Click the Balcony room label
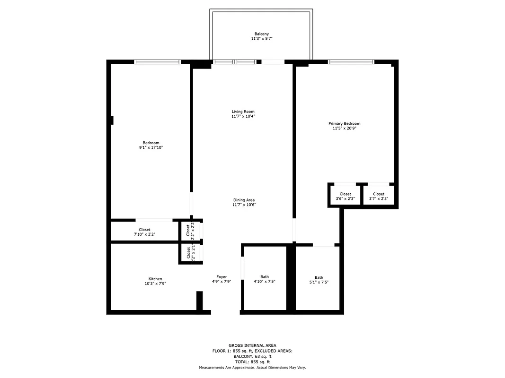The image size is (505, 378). coord(262,34)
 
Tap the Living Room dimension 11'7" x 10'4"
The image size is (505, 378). coord(243,116)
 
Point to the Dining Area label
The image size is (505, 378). coord(244,200)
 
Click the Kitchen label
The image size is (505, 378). coord(155,279)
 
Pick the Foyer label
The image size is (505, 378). coord(221,277)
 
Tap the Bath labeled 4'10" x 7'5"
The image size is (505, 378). coord(264,279)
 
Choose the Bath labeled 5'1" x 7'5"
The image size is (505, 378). coord(319,280)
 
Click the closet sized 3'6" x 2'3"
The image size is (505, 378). coord(345,197)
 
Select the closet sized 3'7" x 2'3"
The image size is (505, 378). coord(379,197)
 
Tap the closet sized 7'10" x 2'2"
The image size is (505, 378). coord(144,232)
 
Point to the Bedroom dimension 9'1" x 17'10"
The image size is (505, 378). coord(151,148)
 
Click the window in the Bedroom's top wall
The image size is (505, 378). coord(158,61)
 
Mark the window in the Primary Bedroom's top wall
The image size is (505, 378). coord(351,61)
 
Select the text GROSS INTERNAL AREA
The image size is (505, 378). coord(252,345)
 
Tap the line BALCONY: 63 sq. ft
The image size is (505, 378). coord(252,357)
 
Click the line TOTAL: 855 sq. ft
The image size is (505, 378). coord(252,362)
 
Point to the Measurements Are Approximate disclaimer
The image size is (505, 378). coord(252,368)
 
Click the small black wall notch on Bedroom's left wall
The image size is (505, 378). coord(112,120)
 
